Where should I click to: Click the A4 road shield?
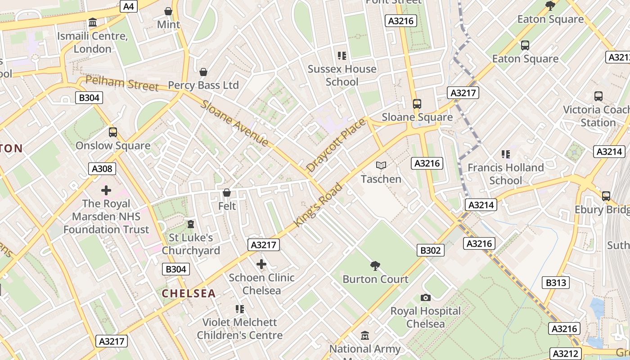coord(128,6)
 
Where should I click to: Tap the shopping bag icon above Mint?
coord(168,11)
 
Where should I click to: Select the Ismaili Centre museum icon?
coord(93,22)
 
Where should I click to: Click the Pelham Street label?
coord(121,83)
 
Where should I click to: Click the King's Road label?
coord(318,205)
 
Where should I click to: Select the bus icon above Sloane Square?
coord(417,104)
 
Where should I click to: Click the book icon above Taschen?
coord(381,166)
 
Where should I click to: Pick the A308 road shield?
coord(103,169)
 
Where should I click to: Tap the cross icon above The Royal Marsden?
coord(106,190)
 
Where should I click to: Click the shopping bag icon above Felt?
coord(227,193)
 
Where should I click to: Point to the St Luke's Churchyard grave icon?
coord(191,224)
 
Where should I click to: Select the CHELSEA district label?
coord(189,293)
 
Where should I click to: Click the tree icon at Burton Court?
coord(375,266)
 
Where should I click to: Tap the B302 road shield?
coord(431,250)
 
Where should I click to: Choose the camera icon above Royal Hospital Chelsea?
coord(425,297)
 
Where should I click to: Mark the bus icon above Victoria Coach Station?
coord(598,96)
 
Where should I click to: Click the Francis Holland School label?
coord(505,174)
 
